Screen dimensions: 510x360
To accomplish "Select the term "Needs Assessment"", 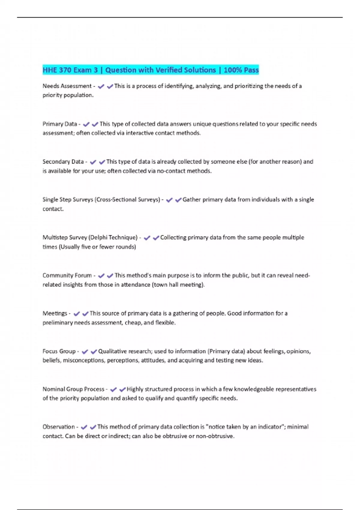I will pyautogui.click(x=67, y=86).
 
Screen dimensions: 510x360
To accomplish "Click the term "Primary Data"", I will pyautogui.click(x=60, y=124).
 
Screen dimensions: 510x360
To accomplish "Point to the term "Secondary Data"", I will pyautogui.click(x=63, y=162).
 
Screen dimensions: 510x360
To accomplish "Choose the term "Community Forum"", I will pyautogui.click(x=67, y=275).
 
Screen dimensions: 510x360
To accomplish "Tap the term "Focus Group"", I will pyautogui.click(x=59, y=351).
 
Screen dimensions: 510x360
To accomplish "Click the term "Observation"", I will pyautogui.click(x=58, y=427).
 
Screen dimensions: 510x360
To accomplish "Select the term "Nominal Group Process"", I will pyautogui.click(x=73, y=389).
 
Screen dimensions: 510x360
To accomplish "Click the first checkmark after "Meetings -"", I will pyautogui.click(x=76, y=314).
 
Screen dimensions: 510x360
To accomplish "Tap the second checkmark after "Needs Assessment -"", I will pyautogui.click(x=110, y=86).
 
